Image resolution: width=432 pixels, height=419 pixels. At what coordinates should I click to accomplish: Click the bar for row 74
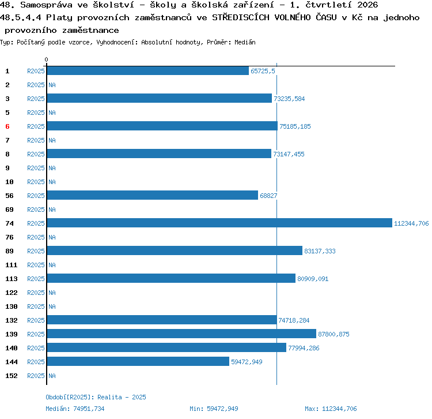click(x=219, y=223)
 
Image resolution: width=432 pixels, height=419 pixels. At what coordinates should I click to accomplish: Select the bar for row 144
click(x=138, y=361)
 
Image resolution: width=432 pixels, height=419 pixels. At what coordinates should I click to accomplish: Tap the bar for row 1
click(x=148, y=70)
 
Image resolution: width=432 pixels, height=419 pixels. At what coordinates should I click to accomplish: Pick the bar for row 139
click(x=181, y=334)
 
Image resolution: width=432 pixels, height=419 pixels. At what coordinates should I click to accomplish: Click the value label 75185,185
click(x=295, y=126)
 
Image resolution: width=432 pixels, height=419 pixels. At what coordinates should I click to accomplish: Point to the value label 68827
click(x=268, y=196)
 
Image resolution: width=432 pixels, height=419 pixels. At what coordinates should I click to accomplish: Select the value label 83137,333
click(x=320, y=251)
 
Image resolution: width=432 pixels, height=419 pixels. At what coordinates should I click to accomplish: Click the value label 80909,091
click(x=313, y=279)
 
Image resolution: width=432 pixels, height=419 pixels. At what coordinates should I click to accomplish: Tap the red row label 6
click(x=7, y=126)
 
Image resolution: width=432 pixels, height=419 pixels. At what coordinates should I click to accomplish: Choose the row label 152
click(x=12, y=376)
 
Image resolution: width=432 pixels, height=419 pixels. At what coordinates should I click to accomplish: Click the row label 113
click(x=12, y=279)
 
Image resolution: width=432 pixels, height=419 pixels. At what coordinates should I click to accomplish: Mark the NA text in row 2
click(x=52, y=85)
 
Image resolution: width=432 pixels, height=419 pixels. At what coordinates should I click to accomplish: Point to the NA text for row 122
click(x=52, y=293)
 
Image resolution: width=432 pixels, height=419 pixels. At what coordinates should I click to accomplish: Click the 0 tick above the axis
click(x=46, y=59)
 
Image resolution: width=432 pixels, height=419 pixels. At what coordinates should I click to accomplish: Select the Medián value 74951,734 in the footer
click(x=89, y=409)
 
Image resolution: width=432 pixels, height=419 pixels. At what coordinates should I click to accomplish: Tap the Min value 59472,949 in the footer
click(x=222, y=409)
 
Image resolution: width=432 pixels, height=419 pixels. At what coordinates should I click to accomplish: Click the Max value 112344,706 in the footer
click(x=339, y=409)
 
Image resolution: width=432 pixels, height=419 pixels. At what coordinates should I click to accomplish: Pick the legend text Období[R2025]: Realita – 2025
click(x=96, y=397)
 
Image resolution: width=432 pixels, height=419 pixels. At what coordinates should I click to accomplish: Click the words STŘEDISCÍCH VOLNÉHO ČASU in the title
click(x=274, y=17)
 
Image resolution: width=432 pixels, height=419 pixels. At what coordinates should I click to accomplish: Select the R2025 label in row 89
click(x=36, y=251)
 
